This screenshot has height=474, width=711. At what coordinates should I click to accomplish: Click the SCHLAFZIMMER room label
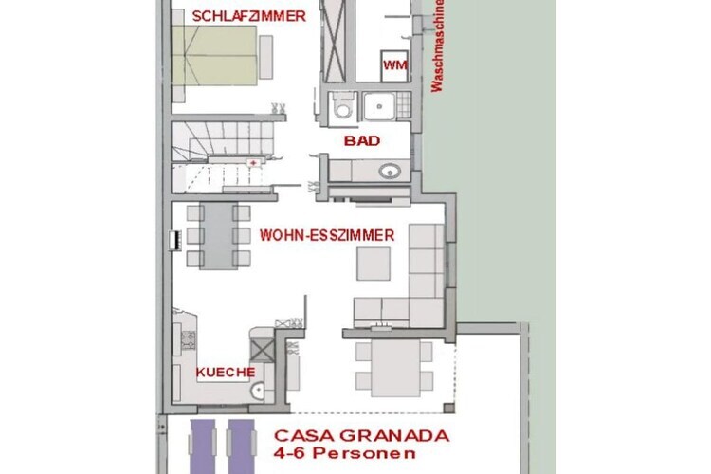(x=249, y=16)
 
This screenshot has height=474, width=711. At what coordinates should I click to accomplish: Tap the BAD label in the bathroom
(x=362, y=140)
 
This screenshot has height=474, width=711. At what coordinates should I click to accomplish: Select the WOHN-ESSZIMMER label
(x=327, y=235)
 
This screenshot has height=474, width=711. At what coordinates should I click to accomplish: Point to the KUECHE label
(x=226, y=373)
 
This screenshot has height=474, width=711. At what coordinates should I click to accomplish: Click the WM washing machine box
(x=394, y=65)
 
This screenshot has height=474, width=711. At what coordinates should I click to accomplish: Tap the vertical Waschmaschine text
(x=437, y=46)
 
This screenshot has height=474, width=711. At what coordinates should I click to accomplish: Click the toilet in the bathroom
(x=341, y=106)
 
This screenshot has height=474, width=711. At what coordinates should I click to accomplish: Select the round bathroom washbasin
(x=390, y=172)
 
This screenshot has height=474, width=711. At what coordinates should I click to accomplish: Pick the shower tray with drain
(x=379, y=106)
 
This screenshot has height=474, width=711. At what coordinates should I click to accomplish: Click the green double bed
(x=214, y=55)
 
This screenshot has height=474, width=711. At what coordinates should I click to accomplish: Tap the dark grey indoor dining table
(x=219, y=236)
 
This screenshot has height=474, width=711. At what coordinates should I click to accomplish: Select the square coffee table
(x=374, y=264)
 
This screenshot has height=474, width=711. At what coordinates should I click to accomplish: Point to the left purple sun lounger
(x=203, y=447)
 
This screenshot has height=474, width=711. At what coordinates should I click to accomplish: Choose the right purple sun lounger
(x=241, y=447)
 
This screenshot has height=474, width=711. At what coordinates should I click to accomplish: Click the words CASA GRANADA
(x=361, y=436)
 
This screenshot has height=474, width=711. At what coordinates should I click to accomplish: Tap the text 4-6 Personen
(x=344, y=453)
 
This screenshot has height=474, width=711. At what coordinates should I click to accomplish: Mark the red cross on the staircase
(x=253, y=162)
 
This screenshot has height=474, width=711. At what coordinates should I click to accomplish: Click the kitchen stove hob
(x=189, y=340)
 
